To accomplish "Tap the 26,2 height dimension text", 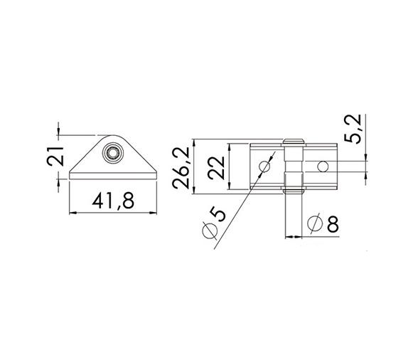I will pos(181,167).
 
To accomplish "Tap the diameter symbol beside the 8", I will pos(313,225).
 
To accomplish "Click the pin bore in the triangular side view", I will pos(112,152).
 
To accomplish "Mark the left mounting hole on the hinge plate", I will pos(264,167).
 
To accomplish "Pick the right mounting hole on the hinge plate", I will pos(323,167).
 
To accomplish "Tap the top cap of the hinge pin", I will pos(291,142).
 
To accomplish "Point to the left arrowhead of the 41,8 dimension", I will pos(72,212).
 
